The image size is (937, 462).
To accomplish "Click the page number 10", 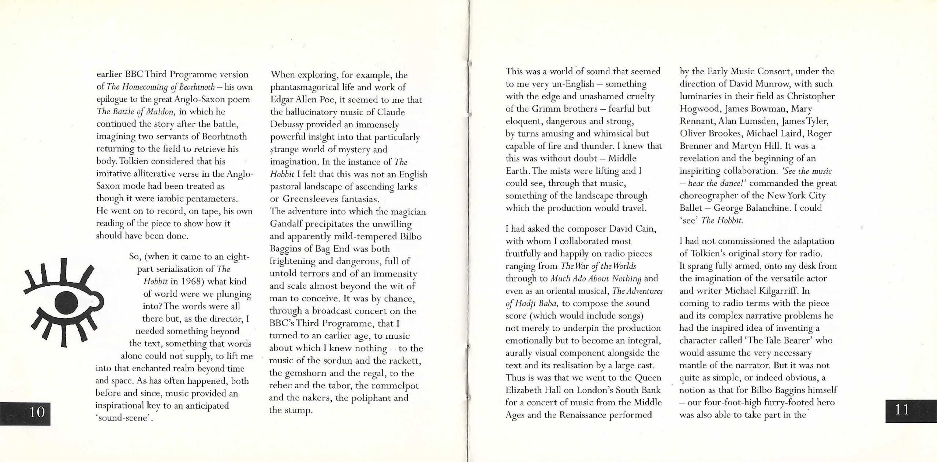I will pyautogui.click(x=37, y=412).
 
